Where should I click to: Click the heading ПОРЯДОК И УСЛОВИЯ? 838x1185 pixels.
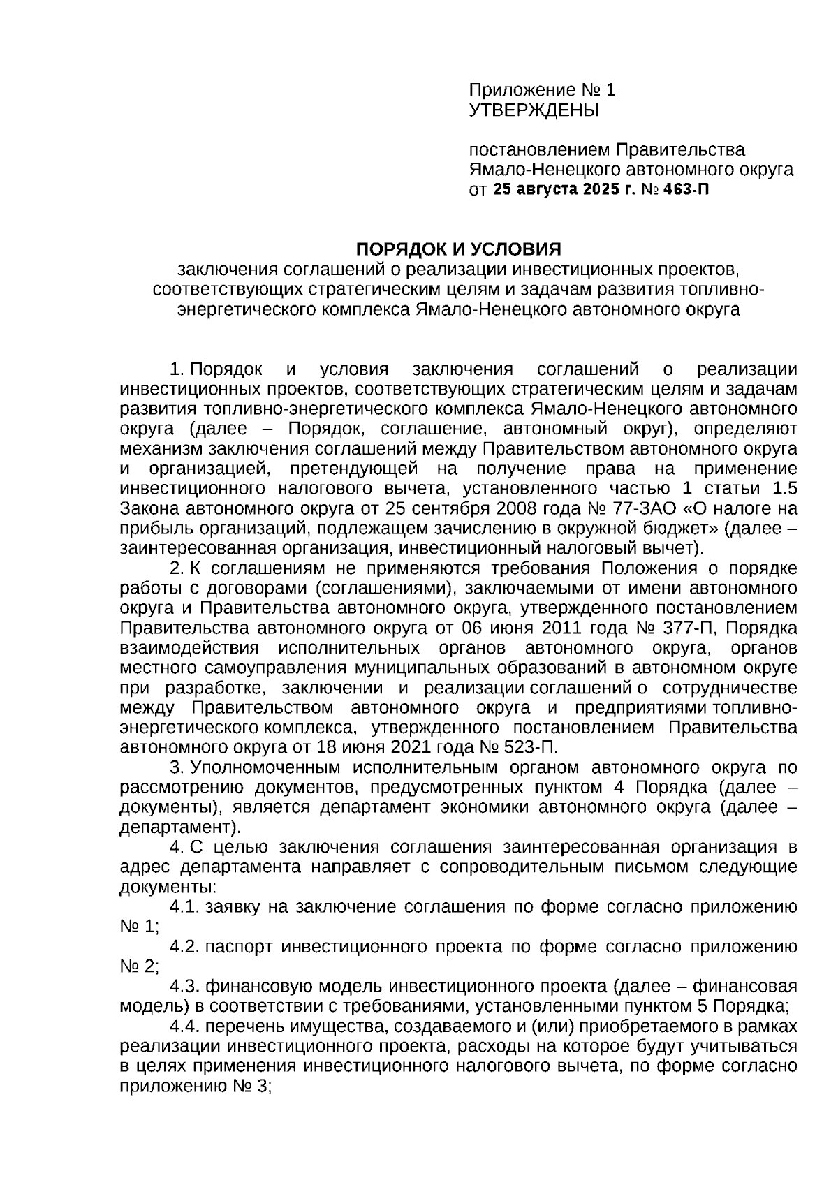[458, 249]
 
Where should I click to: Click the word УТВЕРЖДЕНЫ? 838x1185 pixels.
[534, 110]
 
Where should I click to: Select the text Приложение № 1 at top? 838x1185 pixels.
[542, 90]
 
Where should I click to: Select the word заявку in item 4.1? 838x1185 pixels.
[234, 907]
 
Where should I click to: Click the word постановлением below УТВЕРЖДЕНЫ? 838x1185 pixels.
[538, 149]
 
